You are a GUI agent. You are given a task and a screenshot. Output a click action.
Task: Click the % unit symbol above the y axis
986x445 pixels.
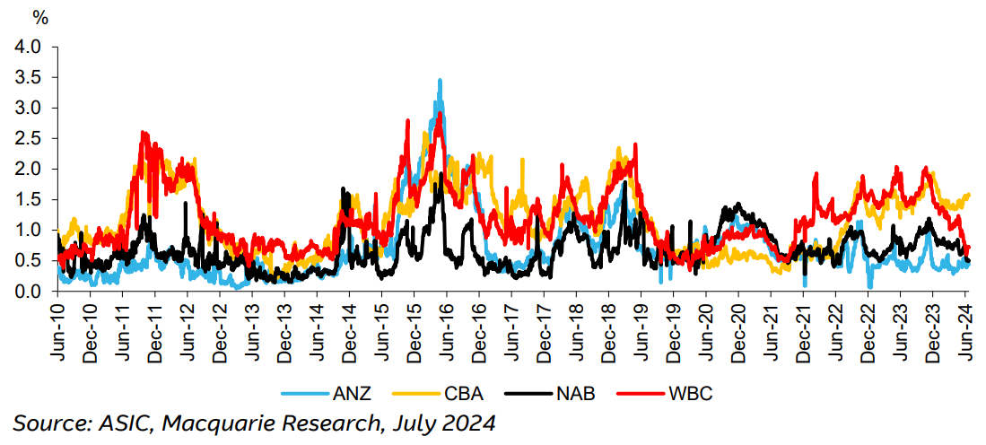[x=40, y=17]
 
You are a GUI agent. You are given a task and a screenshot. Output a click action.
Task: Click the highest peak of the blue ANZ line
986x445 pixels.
[x=440, y=81]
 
